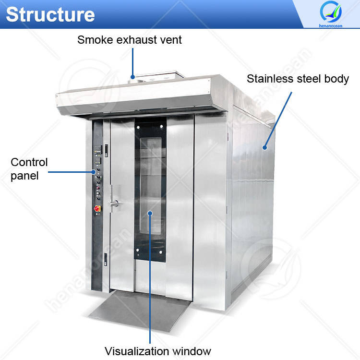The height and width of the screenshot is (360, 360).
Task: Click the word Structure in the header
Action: tap(50, 14)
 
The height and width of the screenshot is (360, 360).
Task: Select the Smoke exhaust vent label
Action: tap(130, 40)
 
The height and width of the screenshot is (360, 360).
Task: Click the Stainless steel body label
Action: tap(298, 79)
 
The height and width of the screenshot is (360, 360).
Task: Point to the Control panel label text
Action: tap(29, 169)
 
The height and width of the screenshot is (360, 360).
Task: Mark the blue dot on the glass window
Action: tap(150, 213)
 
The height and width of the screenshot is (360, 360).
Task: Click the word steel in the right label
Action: tap(307, 79)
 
